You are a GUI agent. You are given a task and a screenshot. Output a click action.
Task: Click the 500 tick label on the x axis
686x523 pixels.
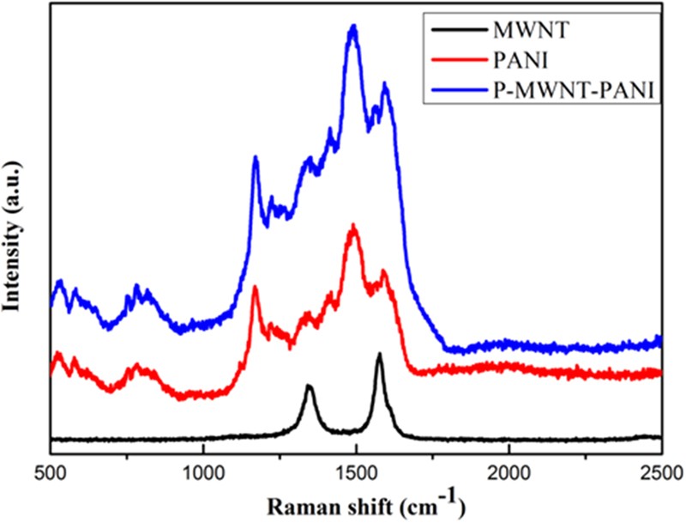click(51, 473)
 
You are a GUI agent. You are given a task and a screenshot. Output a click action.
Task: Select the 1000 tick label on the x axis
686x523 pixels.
click(203, 473)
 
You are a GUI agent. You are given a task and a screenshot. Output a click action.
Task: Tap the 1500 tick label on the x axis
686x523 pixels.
click(356, 473)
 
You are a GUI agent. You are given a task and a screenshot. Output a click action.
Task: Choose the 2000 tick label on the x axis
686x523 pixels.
click(508, 473)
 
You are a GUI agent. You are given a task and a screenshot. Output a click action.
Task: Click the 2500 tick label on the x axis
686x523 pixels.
click(659, 473)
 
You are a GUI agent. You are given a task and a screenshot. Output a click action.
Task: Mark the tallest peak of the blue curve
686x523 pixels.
click(352, 27)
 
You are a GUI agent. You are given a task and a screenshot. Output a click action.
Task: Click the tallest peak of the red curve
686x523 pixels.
click(352, 227)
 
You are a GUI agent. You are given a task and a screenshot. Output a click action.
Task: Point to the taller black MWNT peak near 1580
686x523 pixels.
click(379, 354)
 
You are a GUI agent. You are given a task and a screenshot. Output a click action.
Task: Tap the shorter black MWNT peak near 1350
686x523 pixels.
click(310, 387)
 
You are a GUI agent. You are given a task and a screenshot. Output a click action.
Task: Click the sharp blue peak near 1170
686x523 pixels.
click(256, 157)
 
